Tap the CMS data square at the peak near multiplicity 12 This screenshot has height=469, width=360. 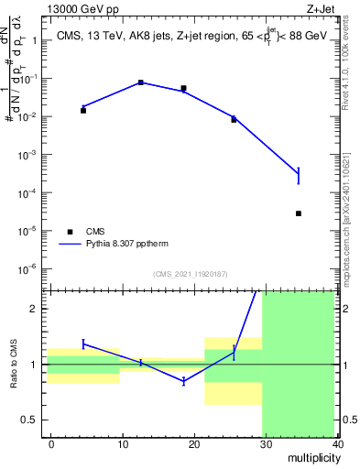pos(141,82)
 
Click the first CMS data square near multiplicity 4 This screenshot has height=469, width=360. pos(83,110)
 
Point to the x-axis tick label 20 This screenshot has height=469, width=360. pos(194,443)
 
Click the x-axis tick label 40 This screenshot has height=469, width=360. pos(338,443)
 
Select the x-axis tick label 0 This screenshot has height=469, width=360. pos(51,443)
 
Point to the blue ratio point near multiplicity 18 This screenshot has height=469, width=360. pos(184,380)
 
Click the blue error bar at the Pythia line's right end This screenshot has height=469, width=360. pos(324,174)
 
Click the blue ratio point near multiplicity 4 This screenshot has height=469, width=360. pos(83,344)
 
